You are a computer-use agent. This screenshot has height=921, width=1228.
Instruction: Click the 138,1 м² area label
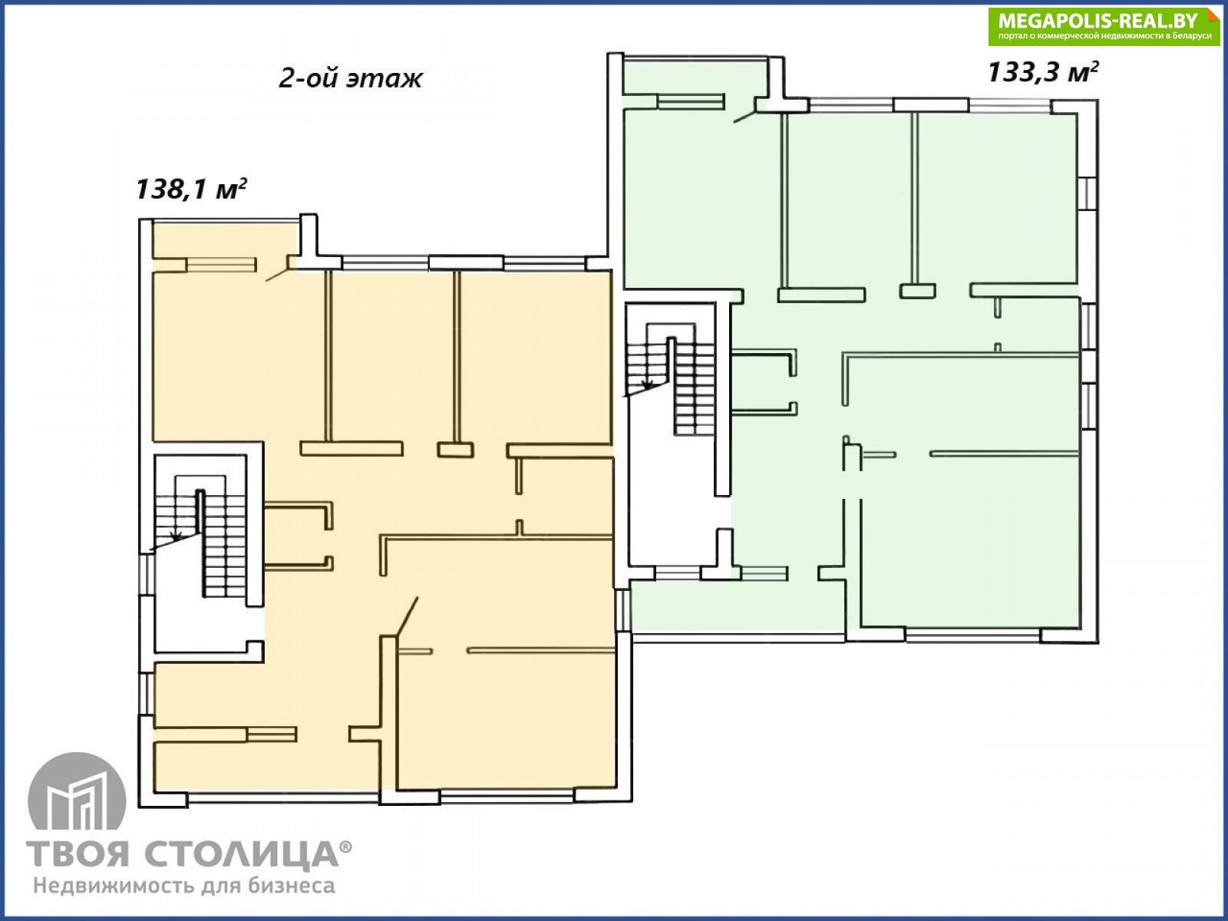pos(191,189)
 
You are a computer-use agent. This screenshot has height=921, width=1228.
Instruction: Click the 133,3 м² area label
pos(1043,72)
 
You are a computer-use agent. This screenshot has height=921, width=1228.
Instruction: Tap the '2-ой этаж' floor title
pos(350,78)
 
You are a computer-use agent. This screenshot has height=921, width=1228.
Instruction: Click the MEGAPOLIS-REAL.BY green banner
pos(1103,26)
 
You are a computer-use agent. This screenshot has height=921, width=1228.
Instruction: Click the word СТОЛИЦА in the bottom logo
pos(241,854)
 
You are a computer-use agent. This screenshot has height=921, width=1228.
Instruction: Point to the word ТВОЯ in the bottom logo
pos(78,854)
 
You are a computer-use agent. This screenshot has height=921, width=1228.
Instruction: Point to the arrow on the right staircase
pos(648,385)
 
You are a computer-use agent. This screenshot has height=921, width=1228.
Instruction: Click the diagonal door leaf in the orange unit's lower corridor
pos(407,616)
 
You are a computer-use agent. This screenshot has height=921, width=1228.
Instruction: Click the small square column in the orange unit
pos(455,451)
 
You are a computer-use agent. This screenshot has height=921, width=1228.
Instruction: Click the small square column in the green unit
pos(917,291)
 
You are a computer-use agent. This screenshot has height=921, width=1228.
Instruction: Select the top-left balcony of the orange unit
pos(225,240)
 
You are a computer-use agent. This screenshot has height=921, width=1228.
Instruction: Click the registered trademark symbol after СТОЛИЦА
pos(345,847)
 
